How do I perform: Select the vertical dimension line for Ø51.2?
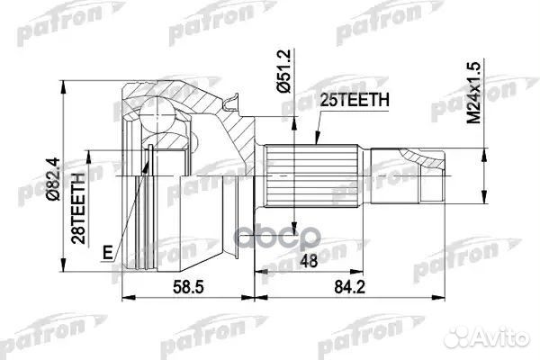coord(298,171)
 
